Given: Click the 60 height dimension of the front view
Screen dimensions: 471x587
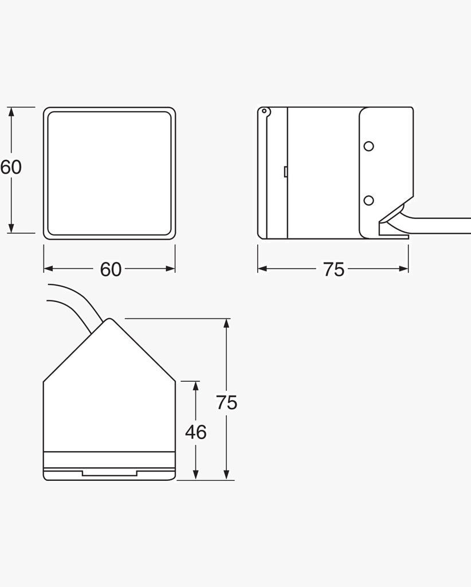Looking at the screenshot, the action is [11, 167].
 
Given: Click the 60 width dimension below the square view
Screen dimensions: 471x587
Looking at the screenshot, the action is [111, 269].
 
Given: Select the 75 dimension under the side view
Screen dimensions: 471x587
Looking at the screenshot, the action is [333, 269].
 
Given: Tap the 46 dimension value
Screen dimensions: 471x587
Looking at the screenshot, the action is [195, 432].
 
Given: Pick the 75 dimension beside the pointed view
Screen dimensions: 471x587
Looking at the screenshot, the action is [226, 403].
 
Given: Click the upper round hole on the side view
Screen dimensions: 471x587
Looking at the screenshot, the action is [368, 146].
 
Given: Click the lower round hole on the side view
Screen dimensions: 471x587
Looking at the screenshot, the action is [368, 201].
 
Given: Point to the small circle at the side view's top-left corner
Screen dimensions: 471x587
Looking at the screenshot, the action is [264, 111].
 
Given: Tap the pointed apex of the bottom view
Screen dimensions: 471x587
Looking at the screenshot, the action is [109, 319].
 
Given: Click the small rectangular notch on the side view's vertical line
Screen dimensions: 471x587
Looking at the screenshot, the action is [285, 171].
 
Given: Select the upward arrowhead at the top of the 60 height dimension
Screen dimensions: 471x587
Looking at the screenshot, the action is [11, 112].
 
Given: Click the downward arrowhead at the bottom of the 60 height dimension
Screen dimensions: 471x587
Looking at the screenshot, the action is [11, 228].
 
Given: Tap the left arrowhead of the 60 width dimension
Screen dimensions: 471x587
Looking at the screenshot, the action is [49, 268].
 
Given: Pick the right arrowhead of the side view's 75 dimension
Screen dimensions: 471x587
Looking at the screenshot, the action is [403, 268].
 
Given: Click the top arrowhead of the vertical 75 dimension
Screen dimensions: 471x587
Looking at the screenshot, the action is [226, 323].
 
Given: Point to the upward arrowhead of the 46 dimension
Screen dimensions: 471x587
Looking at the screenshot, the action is [195, 386].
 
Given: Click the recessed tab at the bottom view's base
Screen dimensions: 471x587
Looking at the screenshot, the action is [109, 473].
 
